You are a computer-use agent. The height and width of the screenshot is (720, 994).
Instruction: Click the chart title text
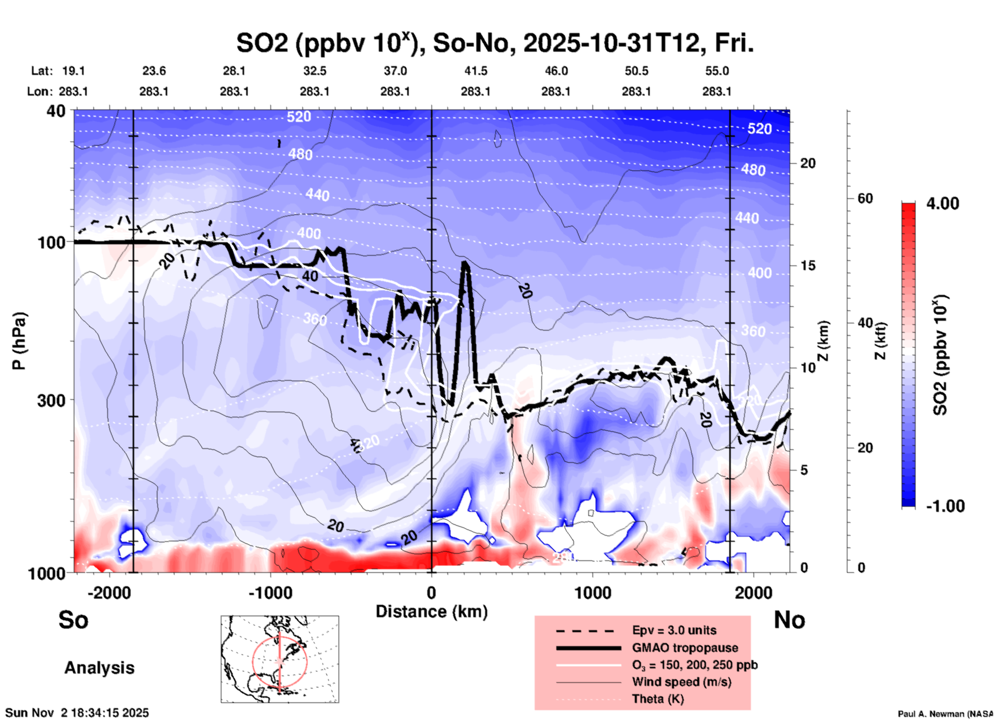(494, 43)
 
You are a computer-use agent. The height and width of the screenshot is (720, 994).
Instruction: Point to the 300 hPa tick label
(51, 400)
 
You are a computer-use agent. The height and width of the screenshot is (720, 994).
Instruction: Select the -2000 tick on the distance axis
(109, 592)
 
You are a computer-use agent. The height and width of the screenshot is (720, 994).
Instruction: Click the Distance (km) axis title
(431, 612)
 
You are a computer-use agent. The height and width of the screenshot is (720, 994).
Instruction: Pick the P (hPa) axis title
(19, 341)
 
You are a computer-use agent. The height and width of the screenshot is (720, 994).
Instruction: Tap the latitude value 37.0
(395, 71)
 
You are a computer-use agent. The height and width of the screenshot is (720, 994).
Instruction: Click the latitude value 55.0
(717, 71)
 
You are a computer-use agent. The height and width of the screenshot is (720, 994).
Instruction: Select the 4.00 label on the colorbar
(942, 204)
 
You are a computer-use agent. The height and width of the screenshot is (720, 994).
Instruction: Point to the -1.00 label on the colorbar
(944, 506)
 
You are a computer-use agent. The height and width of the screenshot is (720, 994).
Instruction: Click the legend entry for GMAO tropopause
(685, 648)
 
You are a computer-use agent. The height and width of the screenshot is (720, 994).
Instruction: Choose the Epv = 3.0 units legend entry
(674, 630)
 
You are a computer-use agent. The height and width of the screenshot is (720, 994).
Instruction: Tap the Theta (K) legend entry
(658, 699)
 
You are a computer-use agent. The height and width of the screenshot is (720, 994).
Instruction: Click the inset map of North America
(280, 659)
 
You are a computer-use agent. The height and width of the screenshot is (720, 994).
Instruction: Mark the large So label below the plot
(73, 620)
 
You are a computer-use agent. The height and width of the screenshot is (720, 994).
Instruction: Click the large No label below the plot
(789, 620)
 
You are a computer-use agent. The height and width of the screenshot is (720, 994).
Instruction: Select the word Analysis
(99, 668)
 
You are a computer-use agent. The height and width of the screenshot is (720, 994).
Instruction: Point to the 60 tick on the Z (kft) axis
(865, 198)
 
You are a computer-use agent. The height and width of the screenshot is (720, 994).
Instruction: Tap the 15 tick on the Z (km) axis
(808, 265)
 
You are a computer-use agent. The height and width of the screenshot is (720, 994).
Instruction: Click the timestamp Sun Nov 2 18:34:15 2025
(77, 713)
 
